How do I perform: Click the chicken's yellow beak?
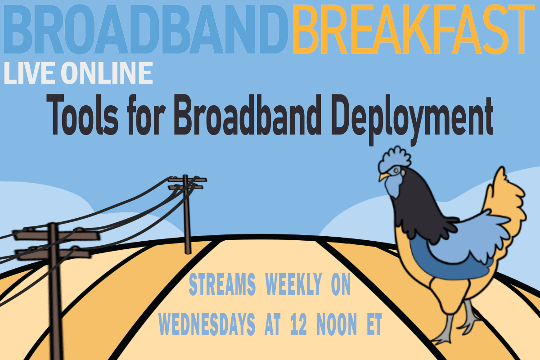coord(382,177)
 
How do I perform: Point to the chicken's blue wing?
coord(454,238)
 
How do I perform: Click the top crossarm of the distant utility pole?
coord(187,180)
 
